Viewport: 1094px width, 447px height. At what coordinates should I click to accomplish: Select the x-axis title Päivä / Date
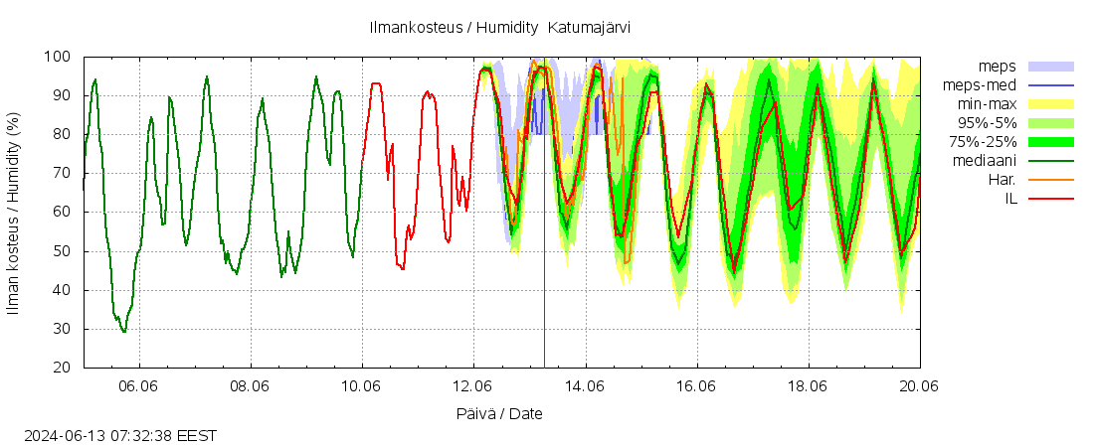coord(500,413)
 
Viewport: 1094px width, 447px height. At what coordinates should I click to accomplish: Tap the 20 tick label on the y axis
coord(62,368)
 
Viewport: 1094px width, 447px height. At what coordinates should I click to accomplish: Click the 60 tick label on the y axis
coord(62,212)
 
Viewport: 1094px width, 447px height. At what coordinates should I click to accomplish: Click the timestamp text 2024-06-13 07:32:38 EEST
coord(120,435)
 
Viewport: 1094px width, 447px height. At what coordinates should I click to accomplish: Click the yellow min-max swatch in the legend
coord(1051,104)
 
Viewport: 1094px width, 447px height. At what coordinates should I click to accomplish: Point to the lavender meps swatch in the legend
coord(1051,67)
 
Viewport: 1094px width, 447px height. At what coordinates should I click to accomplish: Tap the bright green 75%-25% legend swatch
coord(1051,142)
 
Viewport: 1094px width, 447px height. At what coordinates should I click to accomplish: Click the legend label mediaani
coord(984,161)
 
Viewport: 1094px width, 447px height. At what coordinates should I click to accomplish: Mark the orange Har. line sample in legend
coord(1051,180)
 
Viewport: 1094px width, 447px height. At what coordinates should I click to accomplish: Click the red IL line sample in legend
coord(1051,199)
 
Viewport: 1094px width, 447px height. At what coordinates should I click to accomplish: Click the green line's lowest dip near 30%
coord(124,331)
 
